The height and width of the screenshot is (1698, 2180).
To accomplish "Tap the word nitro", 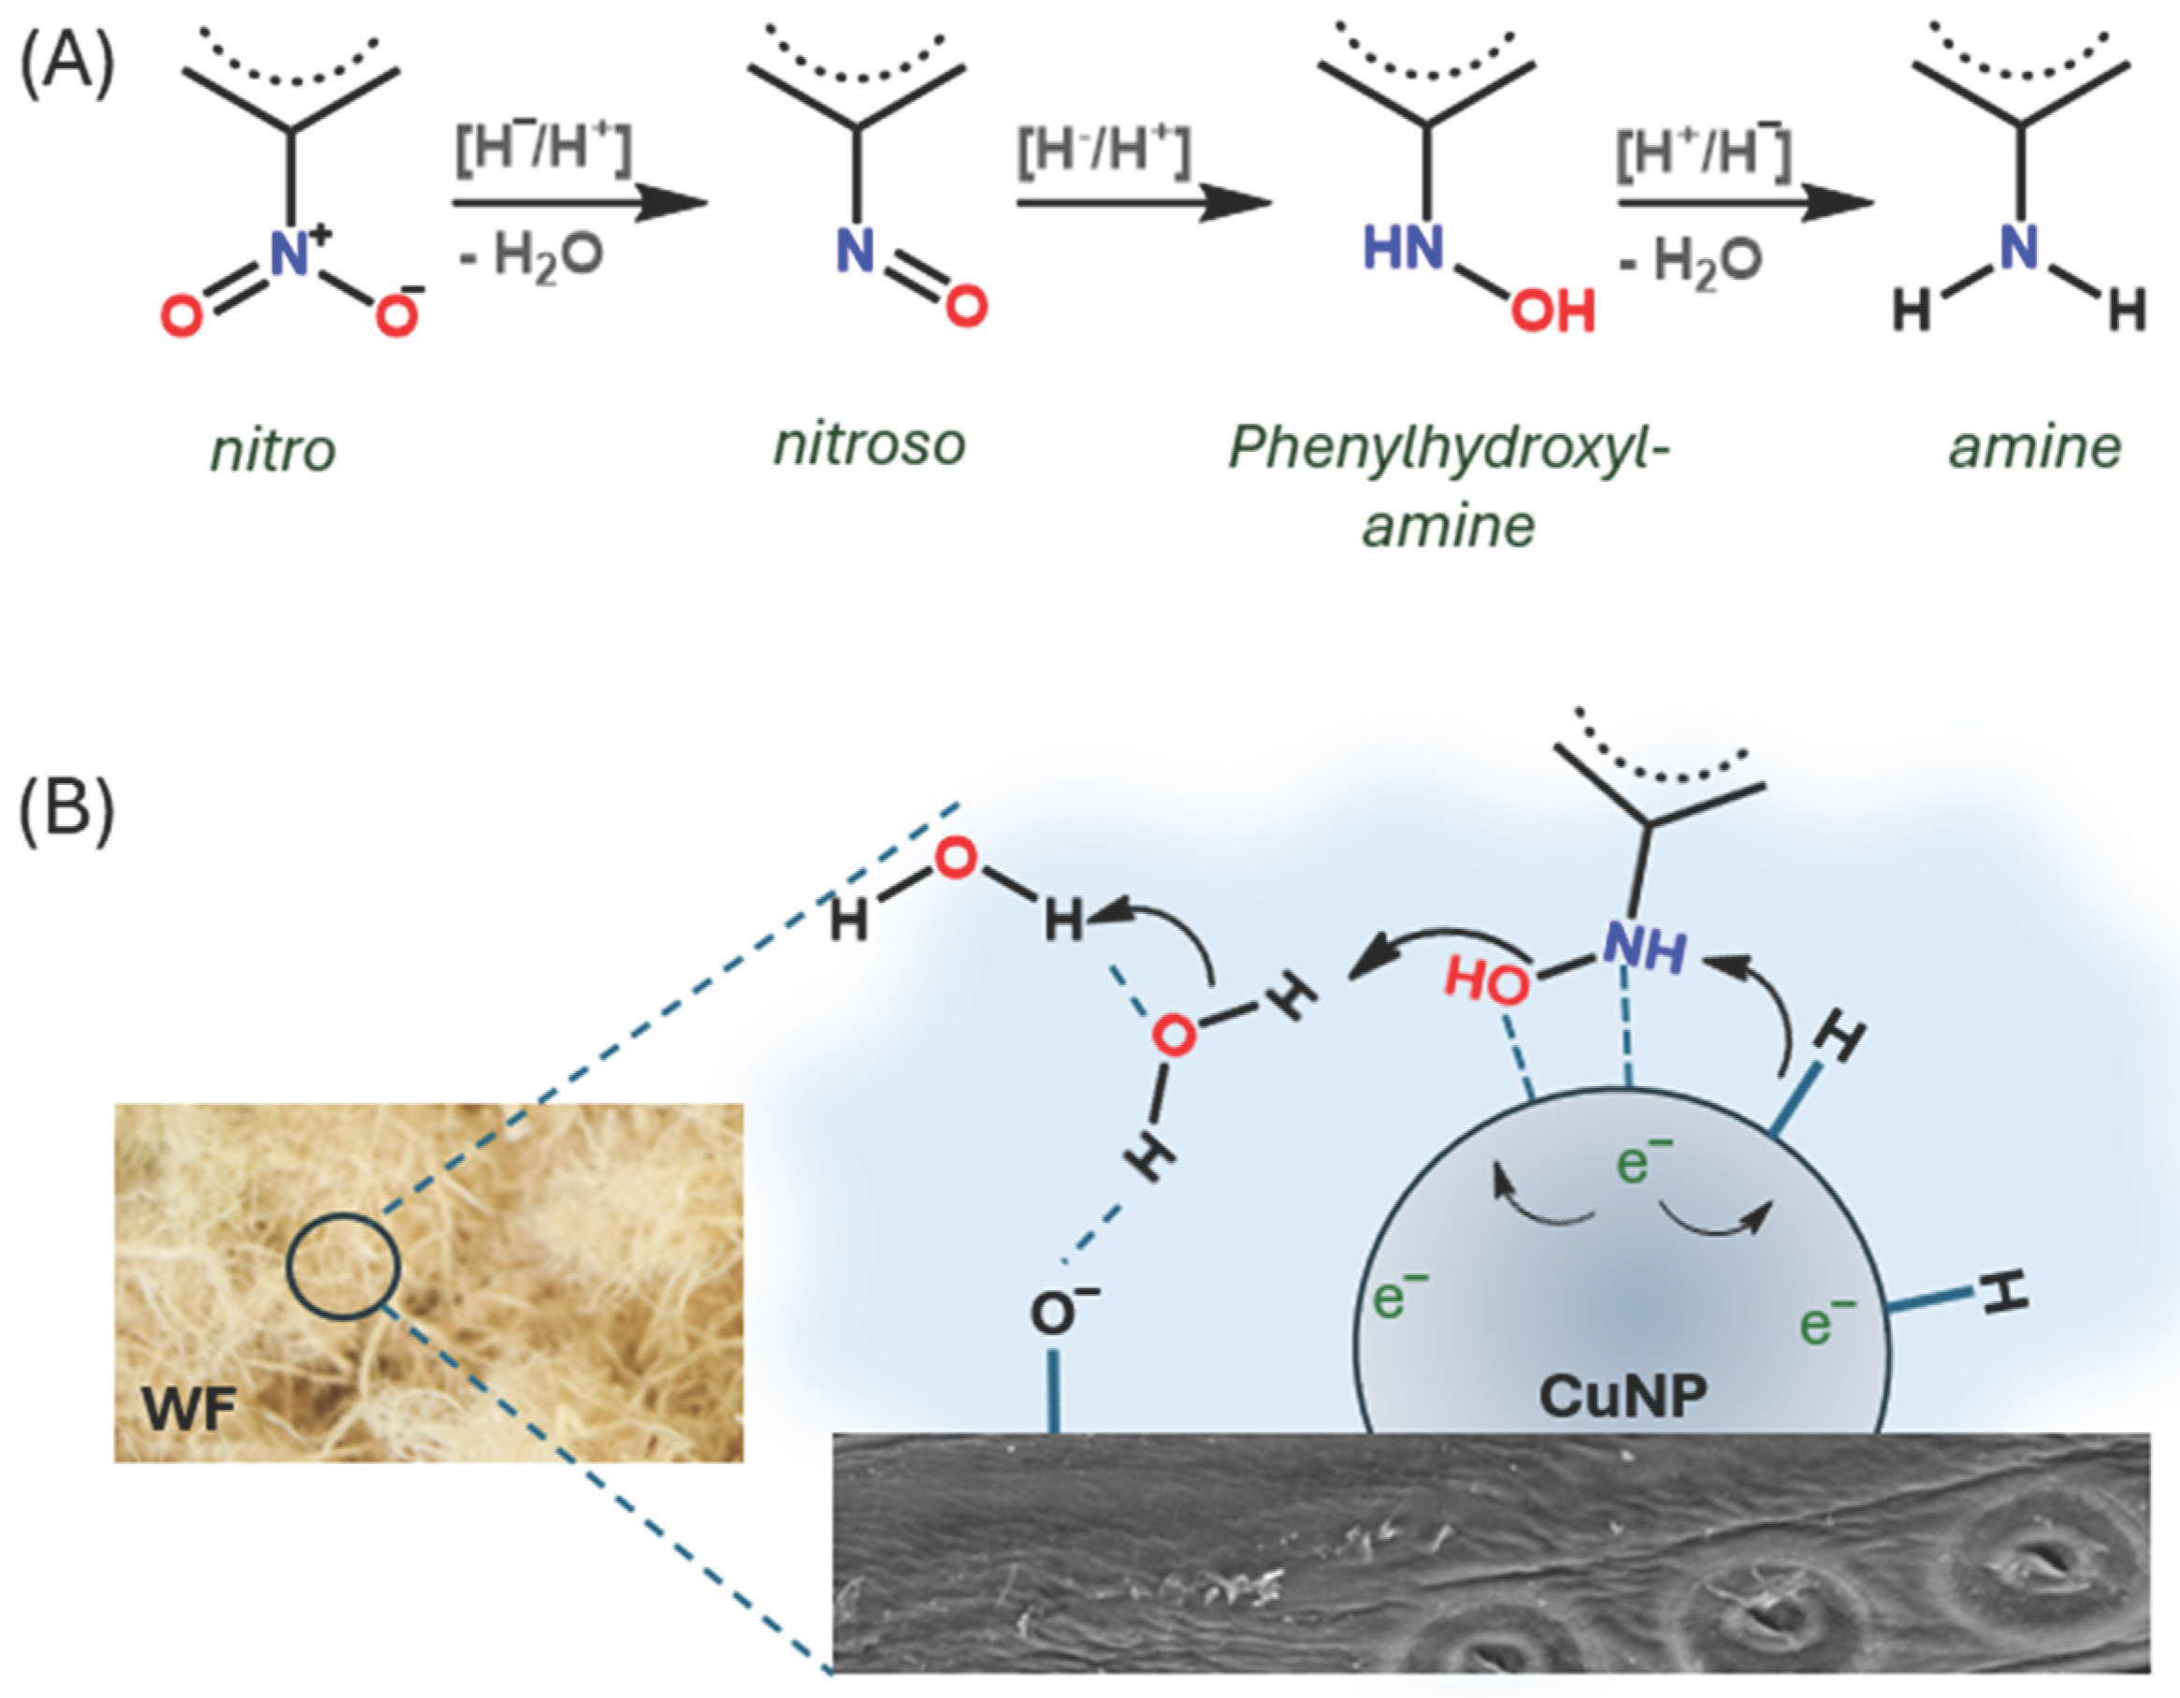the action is tap(273, 451).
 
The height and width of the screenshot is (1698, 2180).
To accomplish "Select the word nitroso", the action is tap(870, 443).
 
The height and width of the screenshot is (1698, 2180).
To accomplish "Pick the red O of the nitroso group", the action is tap(966, 307).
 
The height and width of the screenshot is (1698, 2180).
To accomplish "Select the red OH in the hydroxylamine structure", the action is tap(1552, 312).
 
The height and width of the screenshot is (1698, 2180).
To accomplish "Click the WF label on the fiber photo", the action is tap(190, 1411).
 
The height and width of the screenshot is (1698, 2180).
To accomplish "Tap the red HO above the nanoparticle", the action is tap(1486, 984).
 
